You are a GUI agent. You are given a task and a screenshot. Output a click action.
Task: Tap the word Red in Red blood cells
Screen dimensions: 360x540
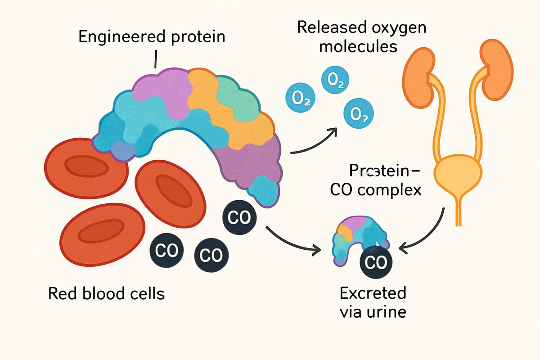(x=59, y=294)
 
